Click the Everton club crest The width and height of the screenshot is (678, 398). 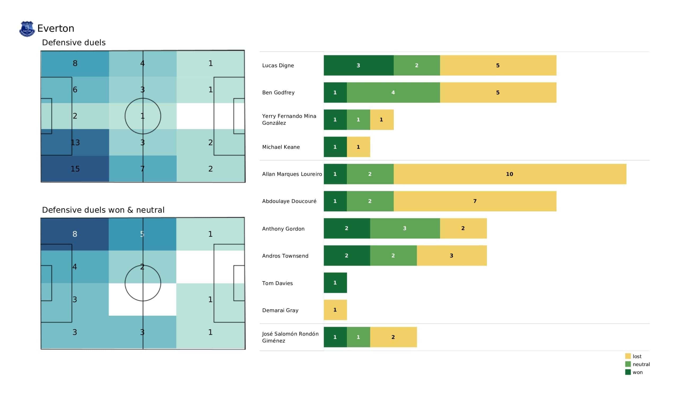pos(27,29)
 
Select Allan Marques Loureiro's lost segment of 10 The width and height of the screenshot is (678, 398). pos(510,174)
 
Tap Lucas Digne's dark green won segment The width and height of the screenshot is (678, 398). pos(358,65)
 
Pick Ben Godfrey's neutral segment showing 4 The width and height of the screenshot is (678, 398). pos(393,93)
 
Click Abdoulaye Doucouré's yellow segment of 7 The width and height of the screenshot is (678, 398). pos(475,201)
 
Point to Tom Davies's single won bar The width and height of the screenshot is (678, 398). pos(335,283)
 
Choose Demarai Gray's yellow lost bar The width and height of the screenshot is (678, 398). pos(335,310)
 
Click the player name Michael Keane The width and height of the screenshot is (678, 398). pos(281,147)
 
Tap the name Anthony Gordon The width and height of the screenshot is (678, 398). pos(283,229)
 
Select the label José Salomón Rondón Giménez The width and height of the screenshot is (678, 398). pos(290,337)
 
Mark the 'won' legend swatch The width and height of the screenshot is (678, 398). pos(628,372)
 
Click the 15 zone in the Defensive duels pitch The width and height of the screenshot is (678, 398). pos(75,169)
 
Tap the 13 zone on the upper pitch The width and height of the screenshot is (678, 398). pos(75,143)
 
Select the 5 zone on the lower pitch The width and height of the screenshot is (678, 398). pos(142,234)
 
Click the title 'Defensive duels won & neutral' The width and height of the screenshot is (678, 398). pos(103,210)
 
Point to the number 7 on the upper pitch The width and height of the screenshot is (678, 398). pos(142,169)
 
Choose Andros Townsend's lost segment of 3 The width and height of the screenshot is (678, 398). pos(452,256)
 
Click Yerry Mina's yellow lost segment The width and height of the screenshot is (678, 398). pos(382,120)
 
